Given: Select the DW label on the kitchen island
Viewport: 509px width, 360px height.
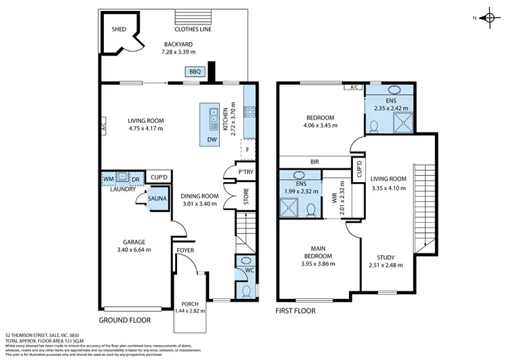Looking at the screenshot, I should click(212, 140).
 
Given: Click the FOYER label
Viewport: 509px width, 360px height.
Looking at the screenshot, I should click(185, 250).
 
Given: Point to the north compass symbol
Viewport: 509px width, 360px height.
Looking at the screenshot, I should click(487, 18).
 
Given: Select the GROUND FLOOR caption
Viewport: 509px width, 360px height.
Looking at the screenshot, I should click(125, 319).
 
